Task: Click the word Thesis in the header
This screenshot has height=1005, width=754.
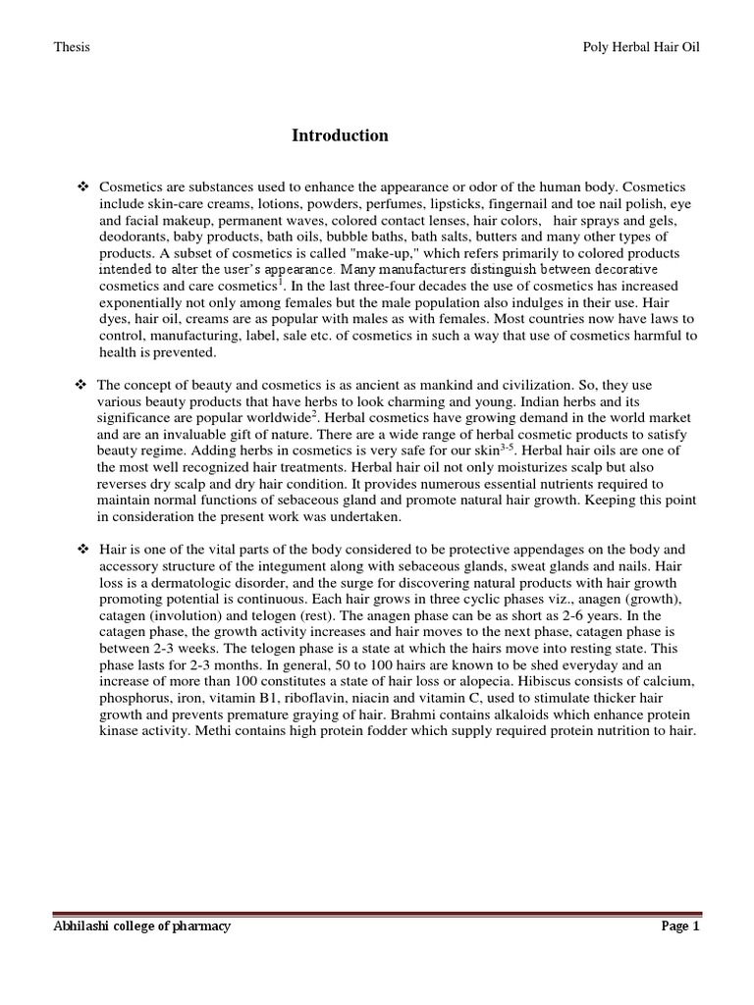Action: (70, 47)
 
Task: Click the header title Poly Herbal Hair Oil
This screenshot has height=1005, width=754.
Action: (638, 47)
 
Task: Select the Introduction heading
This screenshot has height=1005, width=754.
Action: (340, 135)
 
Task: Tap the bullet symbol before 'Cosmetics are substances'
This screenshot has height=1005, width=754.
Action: (82, 186)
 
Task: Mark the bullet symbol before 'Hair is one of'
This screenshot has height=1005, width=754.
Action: (82, 551)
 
